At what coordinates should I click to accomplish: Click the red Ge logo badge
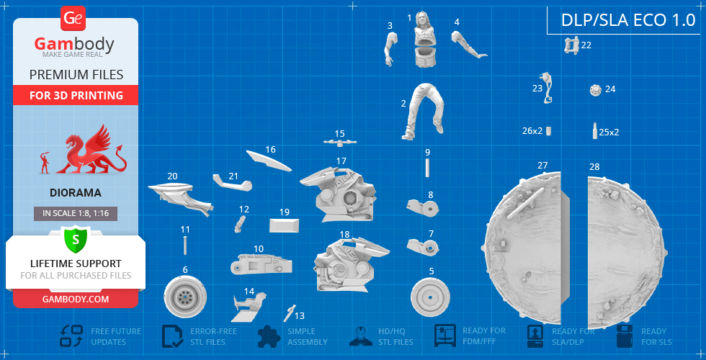(73, 19)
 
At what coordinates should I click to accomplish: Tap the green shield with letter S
(76, 239)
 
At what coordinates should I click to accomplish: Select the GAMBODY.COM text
(76, 299)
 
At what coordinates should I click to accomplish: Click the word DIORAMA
(76, 193)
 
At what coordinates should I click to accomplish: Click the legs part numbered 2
(424, 111)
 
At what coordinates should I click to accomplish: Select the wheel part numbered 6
(185, 297)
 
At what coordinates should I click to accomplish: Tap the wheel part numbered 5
(431, 297)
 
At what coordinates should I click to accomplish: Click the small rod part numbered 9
(427, 167)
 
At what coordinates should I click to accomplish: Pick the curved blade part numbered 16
(269, 161)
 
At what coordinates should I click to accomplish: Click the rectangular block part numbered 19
(284, 225)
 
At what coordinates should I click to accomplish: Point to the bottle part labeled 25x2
(595, 131)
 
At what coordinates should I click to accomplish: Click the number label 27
(542, 166)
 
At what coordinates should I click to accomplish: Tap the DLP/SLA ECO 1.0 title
(628, 20)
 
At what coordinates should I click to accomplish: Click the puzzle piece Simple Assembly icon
(269, 336)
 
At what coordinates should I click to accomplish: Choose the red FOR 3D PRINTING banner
(76, 95)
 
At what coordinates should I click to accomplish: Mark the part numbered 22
(572, 45)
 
